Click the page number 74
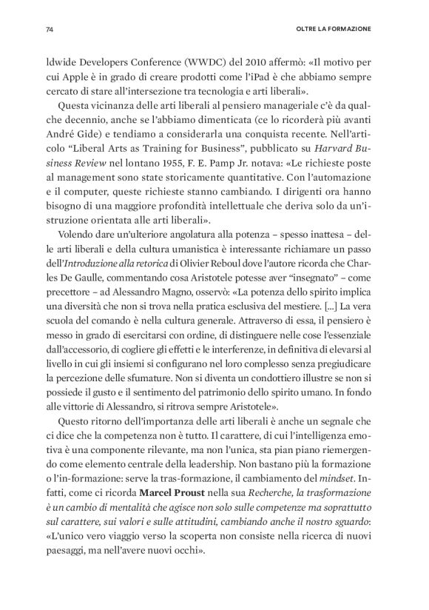point(50,30)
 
